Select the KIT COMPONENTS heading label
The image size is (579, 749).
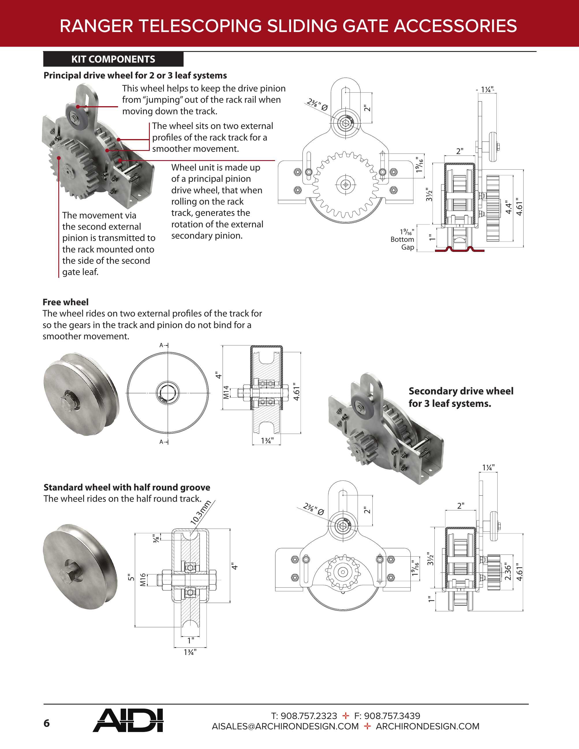point(113,59)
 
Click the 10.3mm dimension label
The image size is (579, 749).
point(201,513)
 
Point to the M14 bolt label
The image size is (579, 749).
point(226,392)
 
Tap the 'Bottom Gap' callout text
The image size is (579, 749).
point(402,243)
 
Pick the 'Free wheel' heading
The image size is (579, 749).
point(66,302)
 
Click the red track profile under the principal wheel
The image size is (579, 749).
point(459,249)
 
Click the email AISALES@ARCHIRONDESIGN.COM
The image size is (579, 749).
point(285,726)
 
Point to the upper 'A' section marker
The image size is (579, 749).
point(161,345)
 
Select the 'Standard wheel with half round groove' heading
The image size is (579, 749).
point(127,487)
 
